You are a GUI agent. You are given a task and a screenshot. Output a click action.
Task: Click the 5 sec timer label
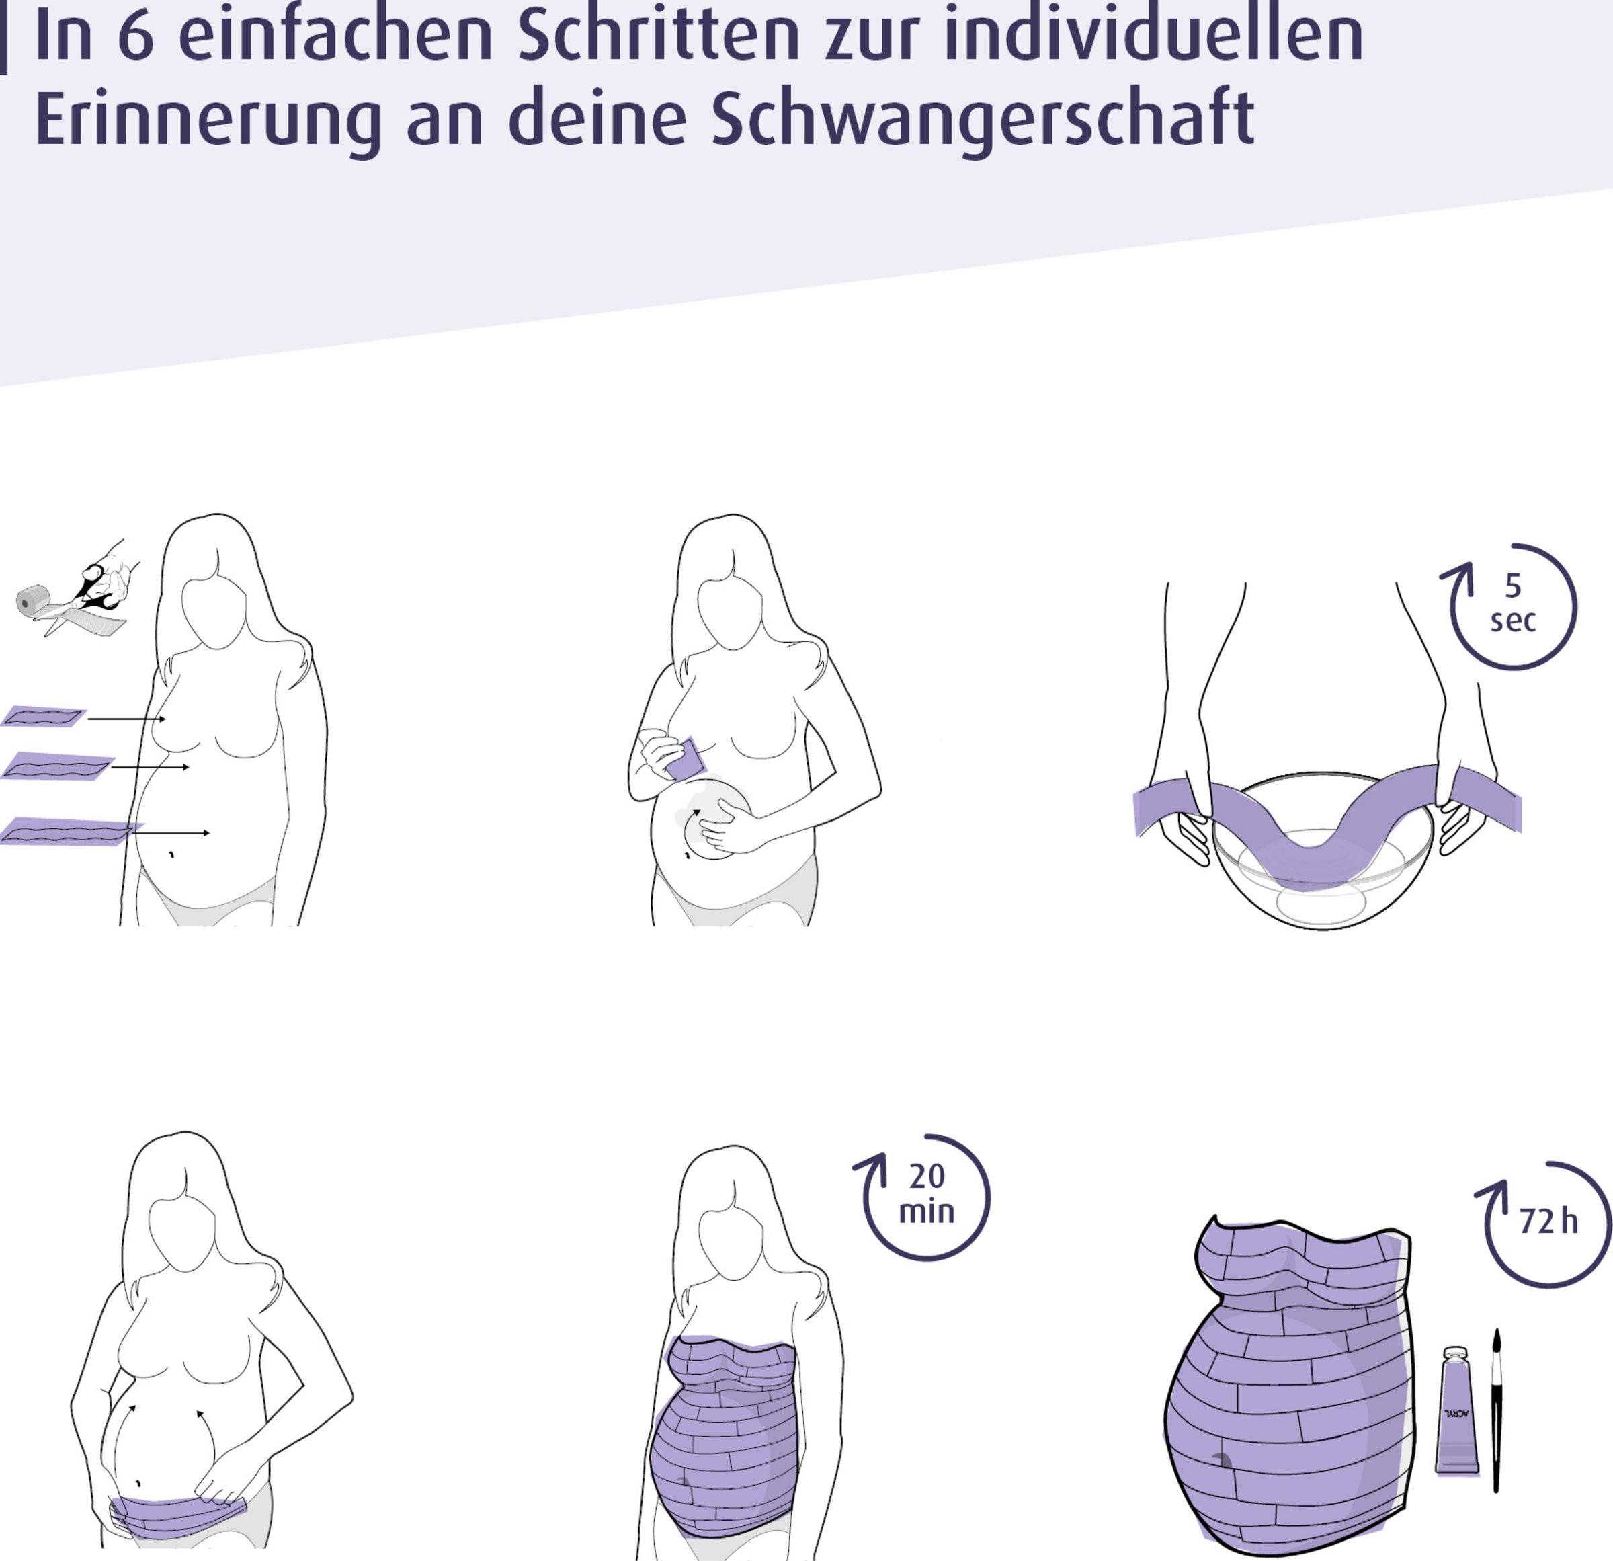point(1513,602)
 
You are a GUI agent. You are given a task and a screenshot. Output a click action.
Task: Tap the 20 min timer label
point(927,1195)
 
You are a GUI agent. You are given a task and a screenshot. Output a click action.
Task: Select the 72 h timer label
point(1548,1222)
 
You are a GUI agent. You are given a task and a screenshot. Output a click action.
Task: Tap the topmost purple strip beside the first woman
point(44,716)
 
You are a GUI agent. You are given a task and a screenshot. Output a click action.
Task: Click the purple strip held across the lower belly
point(177,1513)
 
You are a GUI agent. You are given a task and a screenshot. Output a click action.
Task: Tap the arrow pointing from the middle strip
point(151,767)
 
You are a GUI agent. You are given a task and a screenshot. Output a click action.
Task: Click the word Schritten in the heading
point(659,36)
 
